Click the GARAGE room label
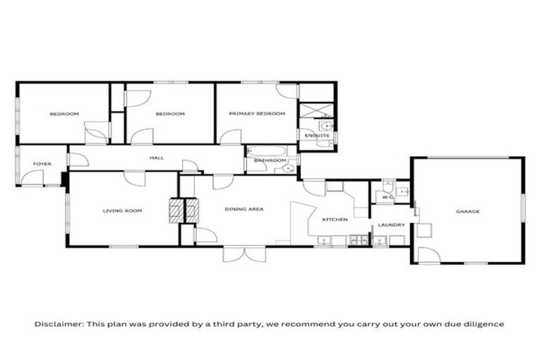468,211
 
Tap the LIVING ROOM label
122,210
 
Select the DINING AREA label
244,209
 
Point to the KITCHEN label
335,220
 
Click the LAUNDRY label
390,225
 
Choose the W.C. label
387,198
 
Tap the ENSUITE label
312,135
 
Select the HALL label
157,157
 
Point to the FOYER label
43,164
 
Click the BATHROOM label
266,161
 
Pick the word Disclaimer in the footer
59,324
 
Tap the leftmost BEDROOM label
63,114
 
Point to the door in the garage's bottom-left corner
425,255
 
